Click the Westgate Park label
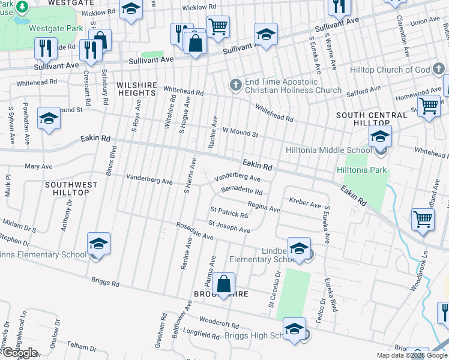pyautogui.click(x=57, y=28)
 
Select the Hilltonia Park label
pyautogui.click(x=362, y=170)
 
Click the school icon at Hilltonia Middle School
pyautogui.click(x=380, y=137)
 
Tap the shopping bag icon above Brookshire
pyautogui.click(x=223, y=285)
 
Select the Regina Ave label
pyautogui.click(x=264, y=208)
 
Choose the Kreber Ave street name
pyautogui.click(x=305, y=204)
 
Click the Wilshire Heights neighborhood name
pyautogui.click(x=136, y=89)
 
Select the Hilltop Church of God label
pyautogui.click(x=399, y=70)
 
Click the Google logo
pyautogui.click(x=19, y=353)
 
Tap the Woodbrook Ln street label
pyautogui.click(x=418, y=275)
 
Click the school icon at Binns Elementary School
pyautogui.click(x=98, y=245)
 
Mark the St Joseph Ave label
pyautogui.click(x=229, y=227)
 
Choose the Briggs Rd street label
pyautogui.click(x=105, y=283)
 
